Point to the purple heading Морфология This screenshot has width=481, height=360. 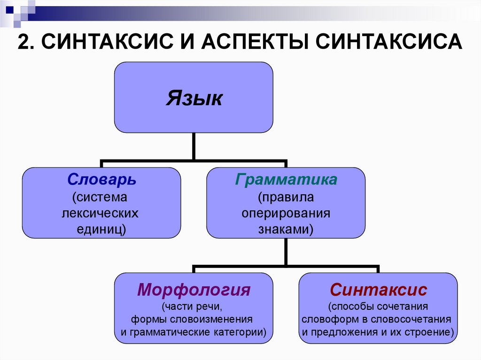click(x=194, y=290)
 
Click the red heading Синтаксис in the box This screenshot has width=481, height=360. click(x=378, y=290)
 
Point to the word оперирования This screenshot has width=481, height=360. click(x=286, y=213)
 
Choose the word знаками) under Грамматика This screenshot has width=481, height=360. click(x=286, y=230)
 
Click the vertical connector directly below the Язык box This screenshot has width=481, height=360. click(x=194, y=146)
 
